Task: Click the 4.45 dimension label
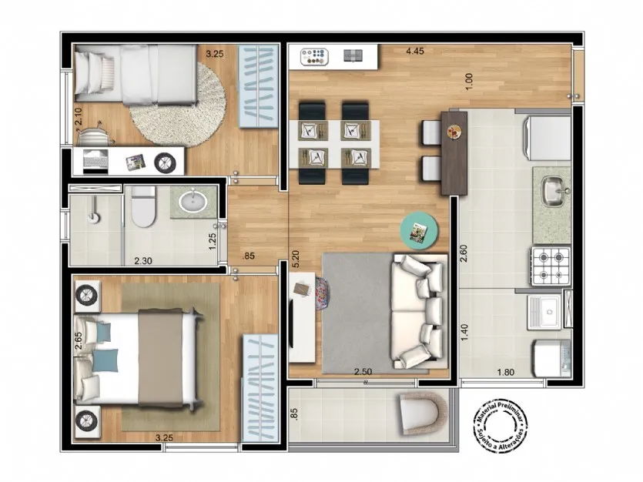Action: (414, 52)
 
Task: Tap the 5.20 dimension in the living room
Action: (296, 259)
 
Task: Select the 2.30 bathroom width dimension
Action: (143, 261)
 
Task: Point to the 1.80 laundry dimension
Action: (506, 372)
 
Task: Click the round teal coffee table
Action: (419, 230)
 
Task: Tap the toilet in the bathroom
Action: (143, 206)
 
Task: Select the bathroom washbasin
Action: (193, 202)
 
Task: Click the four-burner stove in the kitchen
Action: (551, 266)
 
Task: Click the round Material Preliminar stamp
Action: (501, 427)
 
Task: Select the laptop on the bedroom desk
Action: (95, 160)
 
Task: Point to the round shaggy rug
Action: (178, 105)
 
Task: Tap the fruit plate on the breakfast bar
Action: (454, 132)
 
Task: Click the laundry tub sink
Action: (544, 312)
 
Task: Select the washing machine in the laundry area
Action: (552, 359)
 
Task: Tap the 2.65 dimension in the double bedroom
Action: (79, 341)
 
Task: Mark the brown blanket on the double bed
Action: (160, 358)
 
